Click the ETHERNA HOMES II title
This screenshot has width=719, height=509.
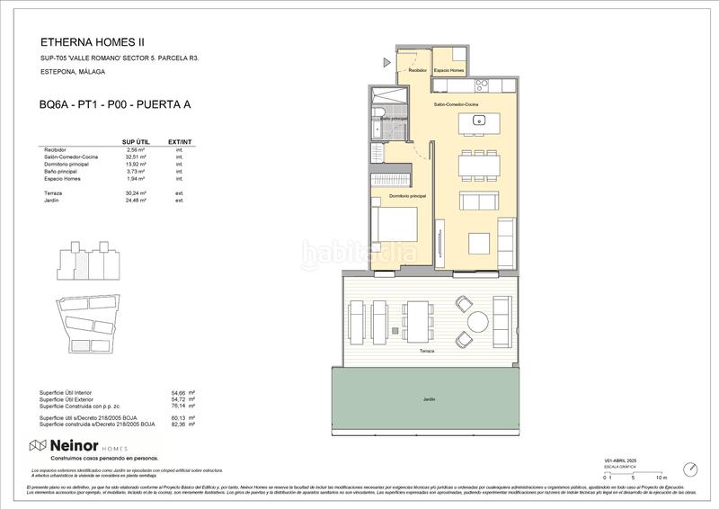93,41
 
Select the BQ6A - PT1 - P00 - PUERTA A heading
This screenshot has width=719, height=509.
115,105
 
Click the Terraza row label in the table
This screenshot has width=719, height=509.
53,193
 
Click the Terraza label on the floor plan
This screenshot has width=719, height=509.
427,351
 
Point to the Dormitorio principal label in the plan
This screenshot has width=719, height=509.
407,195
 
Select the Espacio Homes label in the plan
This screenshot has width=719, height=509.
448,70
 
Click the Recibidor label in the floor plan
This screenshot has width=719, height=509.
417,70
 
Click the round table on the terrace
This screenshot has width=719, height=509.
476,321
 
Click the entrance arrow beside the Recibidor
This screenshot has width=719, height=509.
386,62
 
